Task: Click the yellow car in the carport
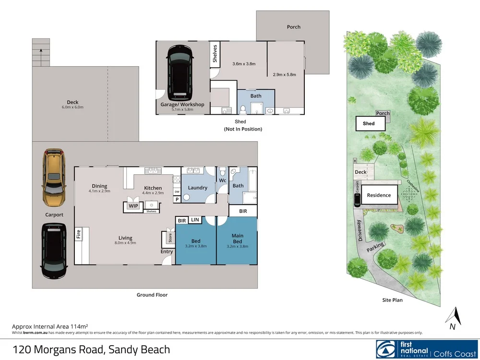(x=54, y=178)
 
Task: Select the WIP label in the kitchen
(x=133, y=206)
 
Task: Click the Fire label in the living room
(x=78, y=234)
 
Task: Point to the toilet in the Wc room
(x=223, y=171)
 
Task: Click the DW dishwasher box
(x=177, y=192)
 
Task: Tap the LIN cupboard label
(x=195, y=219)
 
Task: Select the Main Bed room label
(x=238, y=239)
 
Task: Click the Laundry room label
(x=197, y=188)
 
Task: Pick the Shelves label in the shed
(x=215, y=54)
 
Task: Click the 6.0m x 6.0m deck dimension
(x=72, y=107)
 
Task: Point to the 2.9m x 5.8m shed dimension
(x=284, y=74)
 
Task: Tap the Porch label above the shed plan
(x=294, y=27)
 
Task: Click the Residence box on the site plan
(x=379, y=195)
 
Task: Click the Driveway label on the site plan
(x=360, y=230)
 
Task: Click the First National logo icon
(x=386, y=349)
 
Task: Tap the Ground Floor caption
(x=152, y=295)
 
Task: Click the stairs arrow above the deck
(x=41, y=55)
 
